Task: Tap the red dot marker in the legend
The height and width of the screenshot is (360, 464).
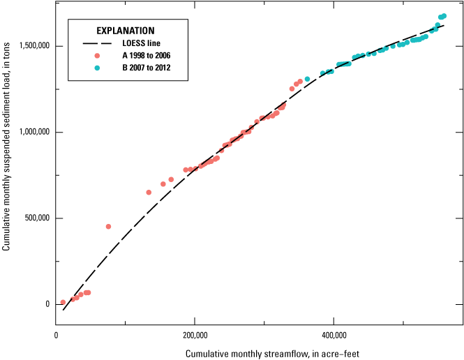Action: click(98, 55)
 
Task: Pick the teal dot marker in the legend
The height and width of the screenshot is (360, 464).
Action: click(98, 68)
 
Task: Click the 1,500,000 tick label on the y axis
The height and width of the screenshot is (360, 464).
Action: click(32, 46)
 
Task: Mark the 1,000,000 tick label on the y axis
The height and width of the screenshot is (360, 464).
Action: click(32, 132)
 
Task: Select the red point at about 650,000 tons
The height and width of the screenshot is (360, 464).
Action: click(149, 193)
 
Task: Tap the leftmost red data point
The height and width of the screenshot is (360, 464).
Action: click(63, 302)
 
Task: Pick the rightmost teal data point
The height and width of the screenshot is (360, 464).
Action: click(444, 15)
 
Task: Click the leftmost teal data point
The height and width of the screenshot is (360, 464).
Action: click(307, 79)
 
